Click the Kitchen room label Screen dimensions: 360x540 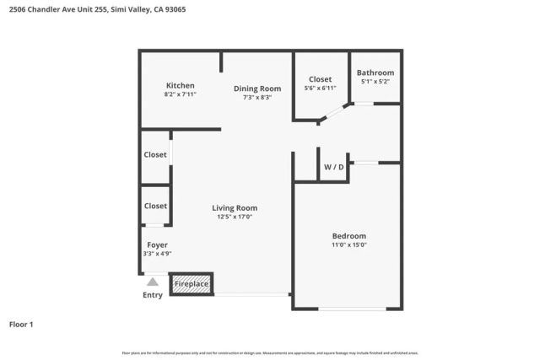pyautogui.click(x=181, y=85)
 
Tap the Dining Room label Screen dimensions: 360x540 pyautogui.click(x=257, y=89)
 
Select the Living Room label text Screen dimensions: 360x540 pyautogui.click(x=235, y=207)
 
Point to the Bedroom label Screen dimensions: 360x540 pyautogui.click(x=348, y=235)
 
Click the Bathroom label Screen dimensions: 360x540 pyautogui.click(x=376, y=73)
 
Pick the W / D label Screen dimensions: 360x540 pyautogui.click(x=334, y=167)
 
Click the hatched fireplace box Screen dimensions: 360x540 pyautogui.click(x=192, y=284)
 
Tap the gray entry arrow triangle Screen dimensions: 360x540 pyautogui.click(x=153, y=282)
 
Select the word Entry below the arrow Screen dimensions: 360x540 pyautogui.click(x=153, y=295)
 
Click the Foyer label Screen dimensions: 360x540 pyautogui.click(x=157, y=244)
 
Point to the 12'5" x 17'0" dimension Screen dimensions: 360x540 pyautogui.click(x=235, y=217)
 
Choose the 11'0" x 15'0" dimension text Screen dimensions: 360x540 pyautogui.click(x=348, y=244)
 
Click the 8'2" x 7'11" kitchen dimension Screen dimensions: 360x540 pyautogui.click(x=181, y=94)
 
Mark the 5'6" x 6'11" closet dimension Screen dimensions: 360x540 pyautogui.click(x=320, y=89)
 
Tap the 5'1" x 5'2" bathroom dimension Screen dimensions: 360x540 pyautogui.click(x=376, y=82)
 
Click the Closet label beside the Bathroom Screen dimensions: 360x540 pyautogui.click(x=320, y=79)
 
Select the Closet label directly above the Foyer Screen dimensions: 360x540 pyautogui.click(x=155, y=206)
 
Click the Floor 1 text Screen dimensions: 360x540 pyautogui.click(x=21, y=324)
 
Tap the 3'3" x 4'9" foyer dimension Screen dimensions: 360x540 pyautogui.click(x=157, y=254)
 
